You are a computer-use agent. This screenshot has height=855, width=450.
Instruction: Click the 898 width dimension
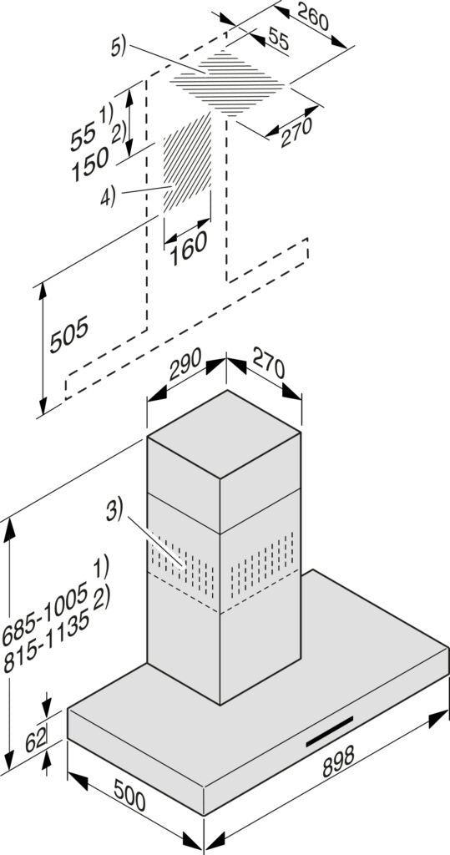[338, 760]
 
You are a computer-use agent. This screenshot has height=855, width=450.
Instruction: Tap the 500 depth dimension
[129, 795]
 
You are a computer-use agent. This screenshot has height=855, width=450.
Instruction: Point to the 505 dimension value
[68, 334]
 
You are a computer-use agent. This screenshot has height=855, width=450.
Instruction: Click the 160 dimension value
[188, 248]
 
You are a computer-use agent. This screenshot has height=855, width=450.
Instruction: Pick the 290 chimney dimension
[185, 364]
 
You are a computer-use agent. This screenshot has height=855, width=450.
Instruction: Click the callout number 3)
[114, 511]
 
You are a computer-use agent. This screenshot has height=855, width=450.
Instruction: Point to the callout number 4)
[108, 197]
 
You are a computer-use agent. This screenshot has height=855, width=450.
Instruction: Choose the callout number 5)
[119, 48]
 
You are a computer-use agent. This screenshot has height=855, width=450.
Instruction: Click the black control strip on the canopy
[329, 731]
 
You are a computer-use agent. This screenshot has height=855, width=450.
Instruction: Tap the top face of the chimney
[224, 434]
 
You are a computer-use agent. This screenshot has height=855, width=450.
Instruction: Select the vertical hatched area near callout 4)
[187, 163]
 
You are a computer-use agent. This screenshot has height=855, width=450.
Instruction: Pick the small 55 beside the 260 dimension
[279, 42]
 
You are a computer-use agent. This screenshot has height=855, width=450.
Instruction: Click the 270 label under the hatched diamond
[296, 132]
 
